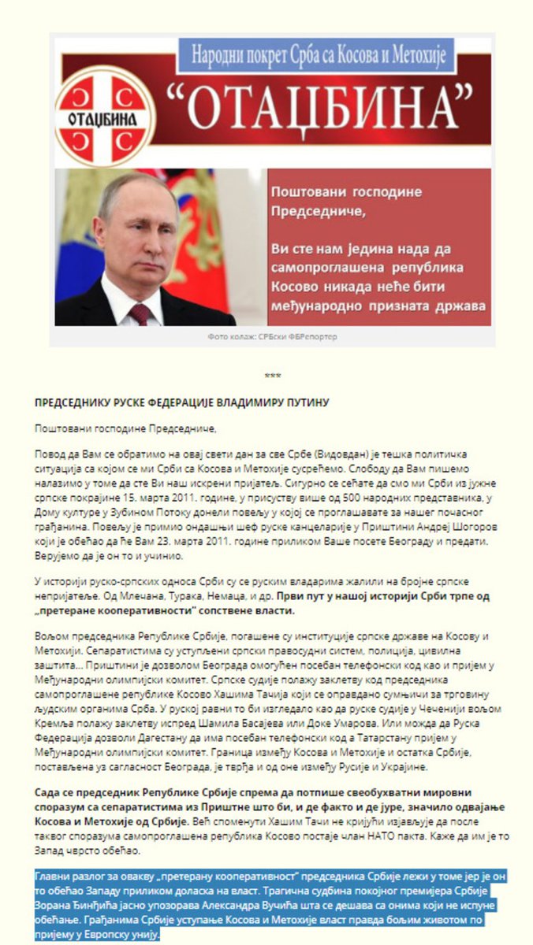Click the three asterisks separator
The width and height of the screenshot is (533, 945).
[273, 376]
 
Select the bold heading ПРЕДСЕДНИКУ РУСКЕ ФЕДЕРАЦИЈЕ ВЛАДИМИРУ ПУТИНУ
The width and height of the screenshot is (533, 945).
[181, 402]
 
